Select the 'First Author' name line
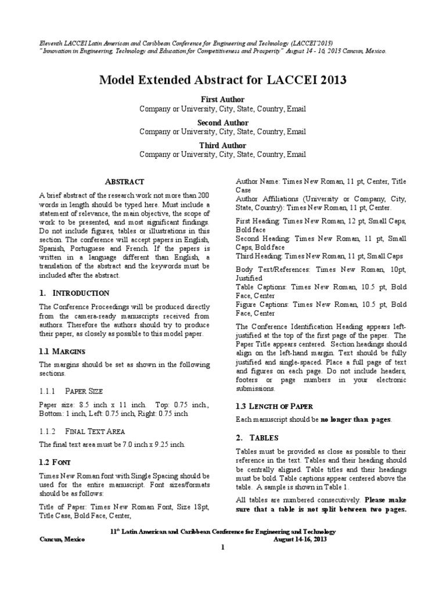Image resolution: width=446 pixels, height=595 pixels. pos(222,99)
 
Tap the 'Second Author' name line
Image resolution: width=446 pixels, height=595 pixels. pos(222,123)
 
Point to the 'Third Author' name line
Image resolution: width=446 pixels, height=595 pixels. pos(222,145)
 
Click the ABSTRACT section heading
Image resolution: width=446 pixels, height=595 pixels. pos(124,182)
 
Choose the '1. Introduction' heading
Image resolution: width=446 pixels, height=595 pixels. pos(74,293)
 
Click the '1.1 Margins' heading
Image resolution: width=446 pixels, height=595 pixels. pos(62,352)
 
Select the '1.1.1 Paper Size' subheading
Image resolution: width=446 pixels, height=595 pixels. pos(71,391)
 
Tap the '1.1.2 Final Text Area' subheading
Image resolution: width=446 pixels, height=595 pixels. pos(81,431)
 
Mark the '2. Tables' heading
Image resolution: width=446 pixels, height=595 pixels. pos(257,437)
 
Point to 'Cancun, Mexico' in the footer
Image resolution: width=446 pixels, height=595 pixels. pos(62,539)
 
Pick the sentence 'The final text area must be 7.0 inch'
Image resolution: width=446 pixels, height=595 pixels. pos(112,445)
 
